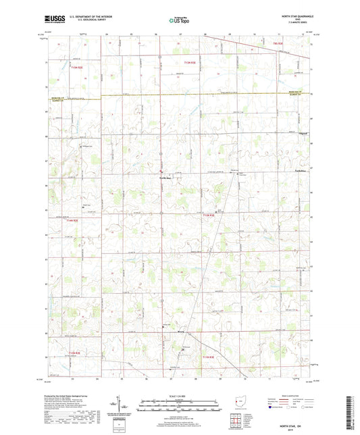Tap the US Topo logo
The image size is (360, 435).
point(178,20)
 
